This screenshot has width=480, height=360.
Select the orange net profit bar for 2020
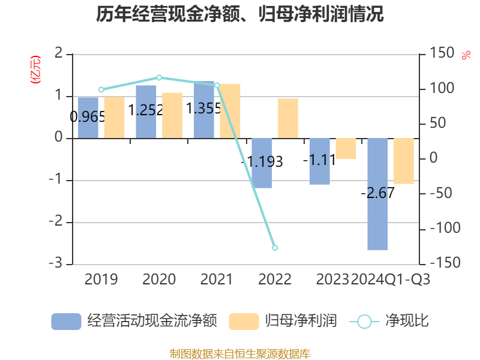coord(172,115)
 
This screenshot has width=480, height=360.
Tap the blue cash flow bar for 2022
coord(262,163)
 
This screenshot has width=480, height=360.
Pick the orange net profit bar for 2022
coord(288,118)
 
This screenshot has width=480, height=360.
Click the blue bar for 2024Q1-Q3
coord(378,194)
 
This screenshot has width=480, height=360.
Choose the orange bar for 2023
coord(346,148)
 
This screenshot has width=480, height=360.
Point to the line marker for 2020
coord(159,77)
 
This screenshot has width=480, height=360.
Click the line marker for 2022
coord(275,247)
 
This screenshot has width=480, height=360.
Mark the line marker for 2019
coord(101,90)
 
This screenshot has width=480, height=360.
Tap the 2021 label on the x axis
coord(217,280)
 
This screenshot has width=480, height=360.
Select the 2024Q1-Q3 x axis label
coord(391,280)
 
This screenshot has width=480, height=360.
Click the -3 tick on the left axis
coord(59,264)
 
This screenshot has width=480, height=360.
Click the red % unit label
coord(466,55)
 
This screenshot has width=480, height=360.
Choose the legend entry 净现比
coord(390,321)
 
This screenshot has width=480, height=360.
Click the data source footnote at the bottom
coord(240,353)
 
